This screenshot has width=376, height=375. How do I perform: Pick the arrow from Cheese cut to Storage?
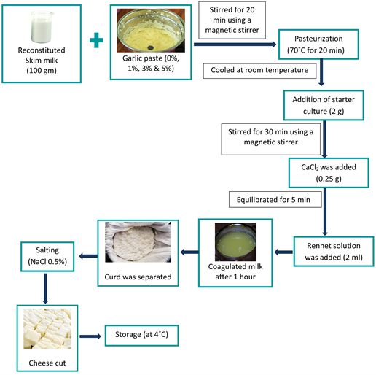tap(90, 336)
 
